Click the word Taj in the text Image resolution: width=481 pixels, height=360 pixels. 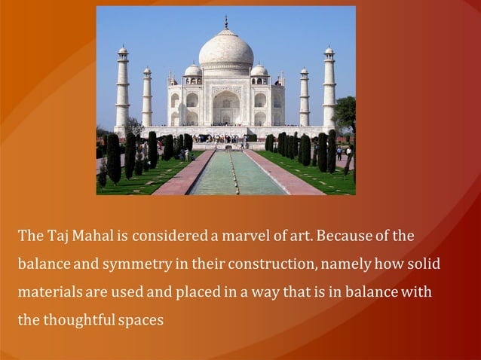[x=57, y=236]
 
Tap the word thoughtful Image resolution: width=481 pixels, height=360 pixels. [x=78, y=319]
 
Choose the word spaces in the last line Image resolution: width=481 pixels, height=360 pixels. [x=140, y=319]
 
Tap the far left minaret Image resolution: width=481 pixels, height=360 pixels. [x=122, y=90]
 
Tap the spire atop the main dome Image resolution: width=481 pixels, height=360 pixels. [x=226, y=23]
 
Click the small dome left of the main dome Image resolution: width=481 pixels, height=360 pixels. [x=193, y=70]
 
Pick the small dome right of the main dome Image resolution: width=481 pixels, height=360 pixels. [x=259, y=70]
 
